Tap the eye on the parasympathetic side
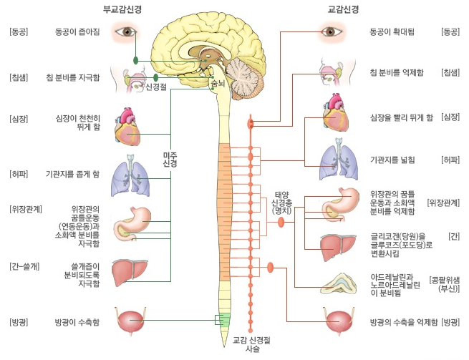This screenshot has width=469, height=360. (x=129, y=32)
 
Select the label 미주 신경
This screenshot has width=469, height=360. (x=170, y=159)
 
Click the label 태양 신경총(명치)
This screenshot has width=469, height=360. (x=281, y=201)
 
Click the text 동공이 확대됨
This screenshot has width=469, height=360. (x=393, y=33)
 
